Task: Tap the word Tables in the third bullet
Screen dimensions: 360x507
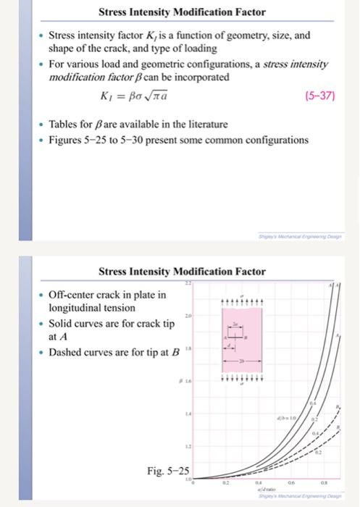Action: tap(64, 125)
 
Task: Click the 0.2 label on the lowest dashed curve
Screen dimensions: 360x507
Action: tap(320, 453)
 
